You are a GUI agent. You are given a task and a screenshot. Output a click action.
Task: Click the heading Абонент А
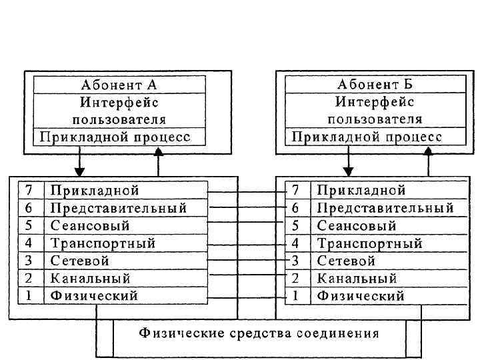pos(119,85)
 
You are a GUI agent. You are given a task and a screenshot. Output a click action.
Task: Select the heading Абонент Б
pos(374,85)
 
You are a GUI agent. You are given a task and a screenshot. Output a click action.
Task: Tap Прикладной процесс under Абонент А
pos(115,137)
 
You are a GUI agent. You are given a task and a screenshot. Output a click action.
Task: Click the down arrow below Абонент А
pos(79,160)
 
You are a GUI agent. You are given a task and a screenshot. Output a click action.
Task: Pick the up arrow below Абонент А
pos(158,160)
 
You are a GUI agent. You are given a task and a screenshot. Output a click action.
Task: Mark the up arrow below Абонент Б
pos(427,160)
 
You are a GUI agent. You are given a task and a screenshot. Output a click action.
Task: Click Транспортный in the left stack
pos(103,243)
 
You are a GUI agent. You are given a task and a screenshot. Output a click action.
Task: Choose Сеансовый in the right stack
pos(357,226)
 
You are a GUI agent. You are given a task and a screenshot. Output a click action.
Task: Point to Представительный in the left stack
pos(118,209)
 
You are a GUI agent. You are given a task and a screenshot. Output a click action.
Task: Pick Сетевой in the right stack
pos(346,261)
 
